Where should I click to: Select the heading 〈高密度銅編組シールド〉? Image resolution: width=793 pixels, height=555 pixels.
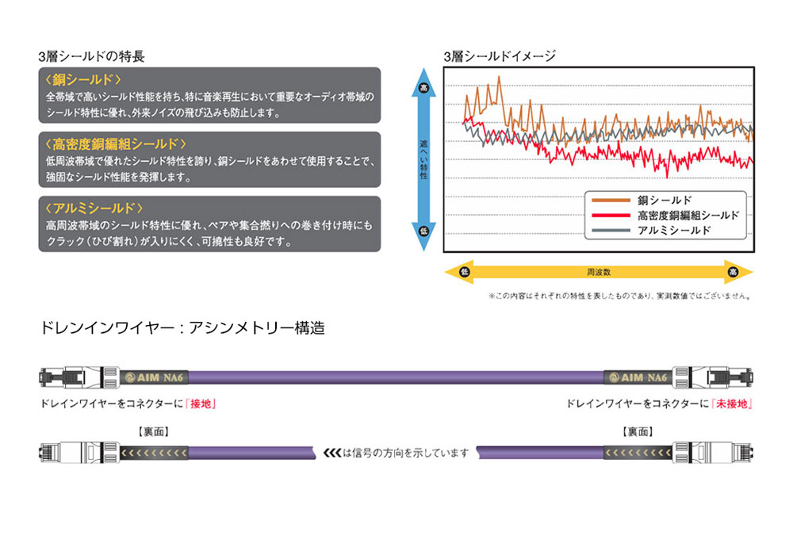coord(116,144)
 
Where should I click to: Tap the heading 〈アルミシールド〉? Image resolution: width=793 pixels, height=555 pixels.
coord(94,209)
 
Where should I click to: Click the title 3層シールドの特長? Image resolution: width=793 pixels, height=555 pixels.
coord(91,56)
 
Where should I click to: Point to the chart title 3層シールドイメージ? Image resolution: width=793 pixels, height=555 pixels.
coord(500,56)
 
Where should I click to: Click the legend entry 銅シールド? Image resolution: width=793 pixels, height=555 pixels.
coord(665,201)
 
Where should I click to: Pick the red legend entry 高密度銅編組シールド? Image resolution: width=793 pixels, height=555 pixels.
coord(688,216)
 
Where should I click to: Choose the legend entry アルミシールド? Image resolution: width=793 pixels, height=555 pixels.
coord(674,231)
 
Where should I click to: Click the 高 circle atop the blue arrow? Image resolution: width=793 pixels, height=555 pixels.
coord(424,86)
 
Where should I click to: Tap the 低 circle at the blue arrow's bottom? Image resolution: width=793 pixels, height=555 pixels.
coord(424,230)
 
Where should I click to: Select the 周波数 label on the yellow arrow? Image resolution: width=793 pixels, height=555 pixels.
coord(599,272)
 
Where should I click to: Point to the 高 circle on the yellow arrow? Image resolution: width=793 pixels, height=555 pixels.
coord(733,272)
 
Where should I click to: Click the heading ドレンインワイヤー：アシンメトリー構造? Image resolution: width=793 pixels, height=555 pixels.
coord(182,328)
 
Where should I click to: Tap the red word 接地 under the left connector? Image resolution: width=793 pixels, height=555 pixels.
coord(201,404)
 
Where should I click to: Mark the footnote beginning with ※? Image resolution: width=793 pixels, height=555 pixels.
coord(619,297)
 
